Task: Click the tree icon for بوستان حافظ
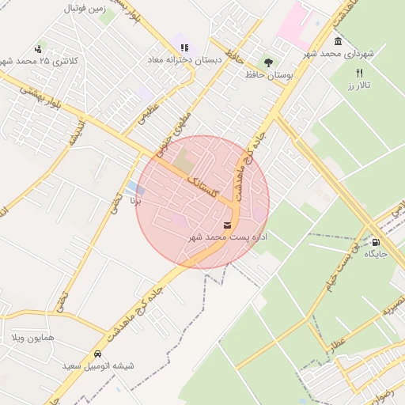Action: [x=268, y=62]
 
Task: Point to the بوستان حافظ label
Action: [x=269, y=74]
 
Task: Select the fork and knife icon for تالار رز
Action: [x=359, y=72]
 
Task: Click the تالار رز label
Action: [x=358, y=84]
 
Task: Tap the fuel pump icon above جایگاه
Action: [x=376, y=243]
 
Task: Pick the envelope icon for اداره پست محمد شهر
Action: [x=228, y=225]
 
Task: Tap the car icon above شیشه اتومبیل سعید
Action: [x=98, y=354]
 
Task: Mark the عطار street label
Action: [x=339, y=346]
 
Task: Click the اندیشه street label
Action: [x=75, y=134]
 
